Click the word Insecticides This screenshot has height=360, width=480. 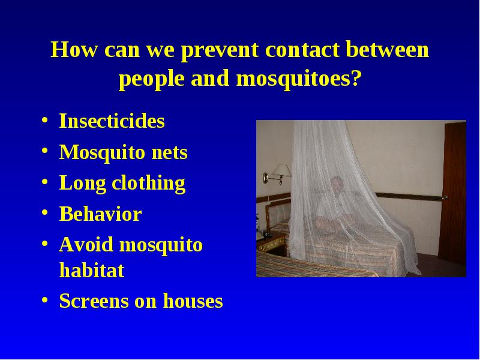112,121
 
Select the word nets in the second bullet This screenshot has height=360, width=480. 170,153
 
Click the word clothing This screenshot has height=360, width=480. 149,184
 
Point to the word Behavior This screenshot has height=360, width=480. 100,214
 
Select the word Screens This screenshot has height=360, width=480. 94,301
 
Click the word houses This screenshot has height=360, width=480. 193,301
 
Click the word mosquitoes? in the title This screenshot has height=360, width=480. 299,79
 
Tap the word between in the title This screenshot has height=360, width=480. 387,49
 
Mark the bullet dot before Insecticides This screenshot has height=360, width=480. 44,119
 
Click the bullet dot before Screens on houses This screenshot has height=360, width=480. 44,299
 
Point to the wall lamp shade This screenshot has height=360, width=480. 281,170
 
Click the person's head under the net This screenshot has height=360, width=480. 337,184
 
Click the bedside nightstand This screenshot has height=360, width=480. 272,244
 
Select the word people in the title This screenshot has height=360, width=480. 152,79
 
